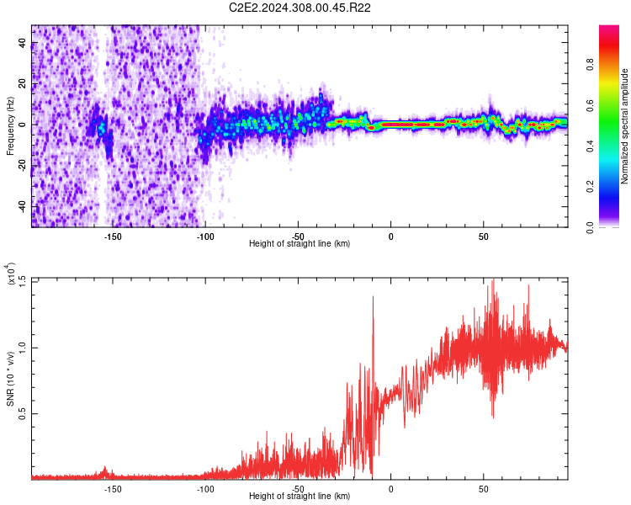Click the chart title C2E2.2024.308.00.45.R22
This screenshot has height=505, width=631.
click(x=300, y=8)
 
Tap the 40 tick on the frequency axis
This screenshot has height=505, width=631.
click(x=23, y=44)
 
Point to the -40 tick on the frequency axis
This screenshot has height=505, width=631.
click(x=23, y=206)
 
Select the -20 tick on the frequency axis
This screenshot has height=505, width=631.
click(x=23, y=166)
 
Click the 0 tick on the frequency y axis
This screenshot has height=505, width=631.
click(x=23, y=125)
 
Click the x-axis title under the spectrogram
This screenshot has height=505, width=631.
click(x=300, y=243)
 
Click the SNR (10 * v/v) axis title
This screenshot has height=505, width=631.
click(x=10, y=379)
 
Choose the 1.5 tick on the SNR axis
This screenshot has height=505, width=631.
click(x=23, y=280)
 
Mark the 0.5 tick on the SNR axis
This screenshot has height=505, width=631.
click(x=23, y=413)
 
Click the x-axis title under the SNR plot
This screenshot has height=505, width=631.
click(x=300, y=496)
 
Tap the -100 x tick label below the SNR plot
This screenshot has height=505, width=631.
click(x=205, y=487)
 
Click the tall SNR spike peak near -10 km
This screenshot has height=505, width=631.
click(x=372, y=297)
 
